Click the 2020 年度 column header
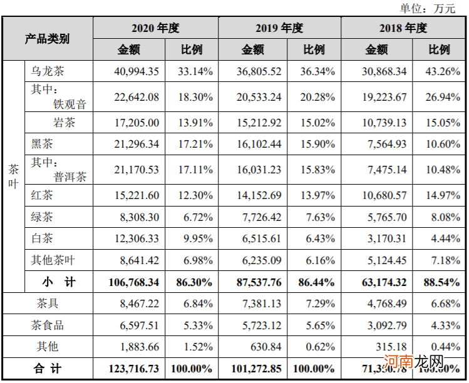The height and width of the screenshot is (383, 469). point(155,28)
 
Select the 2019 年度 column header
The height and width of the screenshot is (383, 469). point(279,28)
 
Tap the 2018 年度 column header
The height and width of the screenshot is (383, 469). point(403,28)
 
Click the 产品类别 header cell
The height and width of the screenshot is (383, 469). point(48,39)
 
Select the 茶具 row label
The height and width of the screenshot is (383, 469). point(48,304)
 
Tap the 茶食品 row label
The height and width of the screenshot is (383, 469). point(48,325)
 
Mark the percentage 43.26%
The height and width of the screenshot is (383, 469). point(441,71)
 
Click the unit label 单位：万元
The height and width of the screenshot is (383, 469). point(428,8)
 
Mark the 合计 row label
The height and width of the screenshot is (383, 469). point(48,369)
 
